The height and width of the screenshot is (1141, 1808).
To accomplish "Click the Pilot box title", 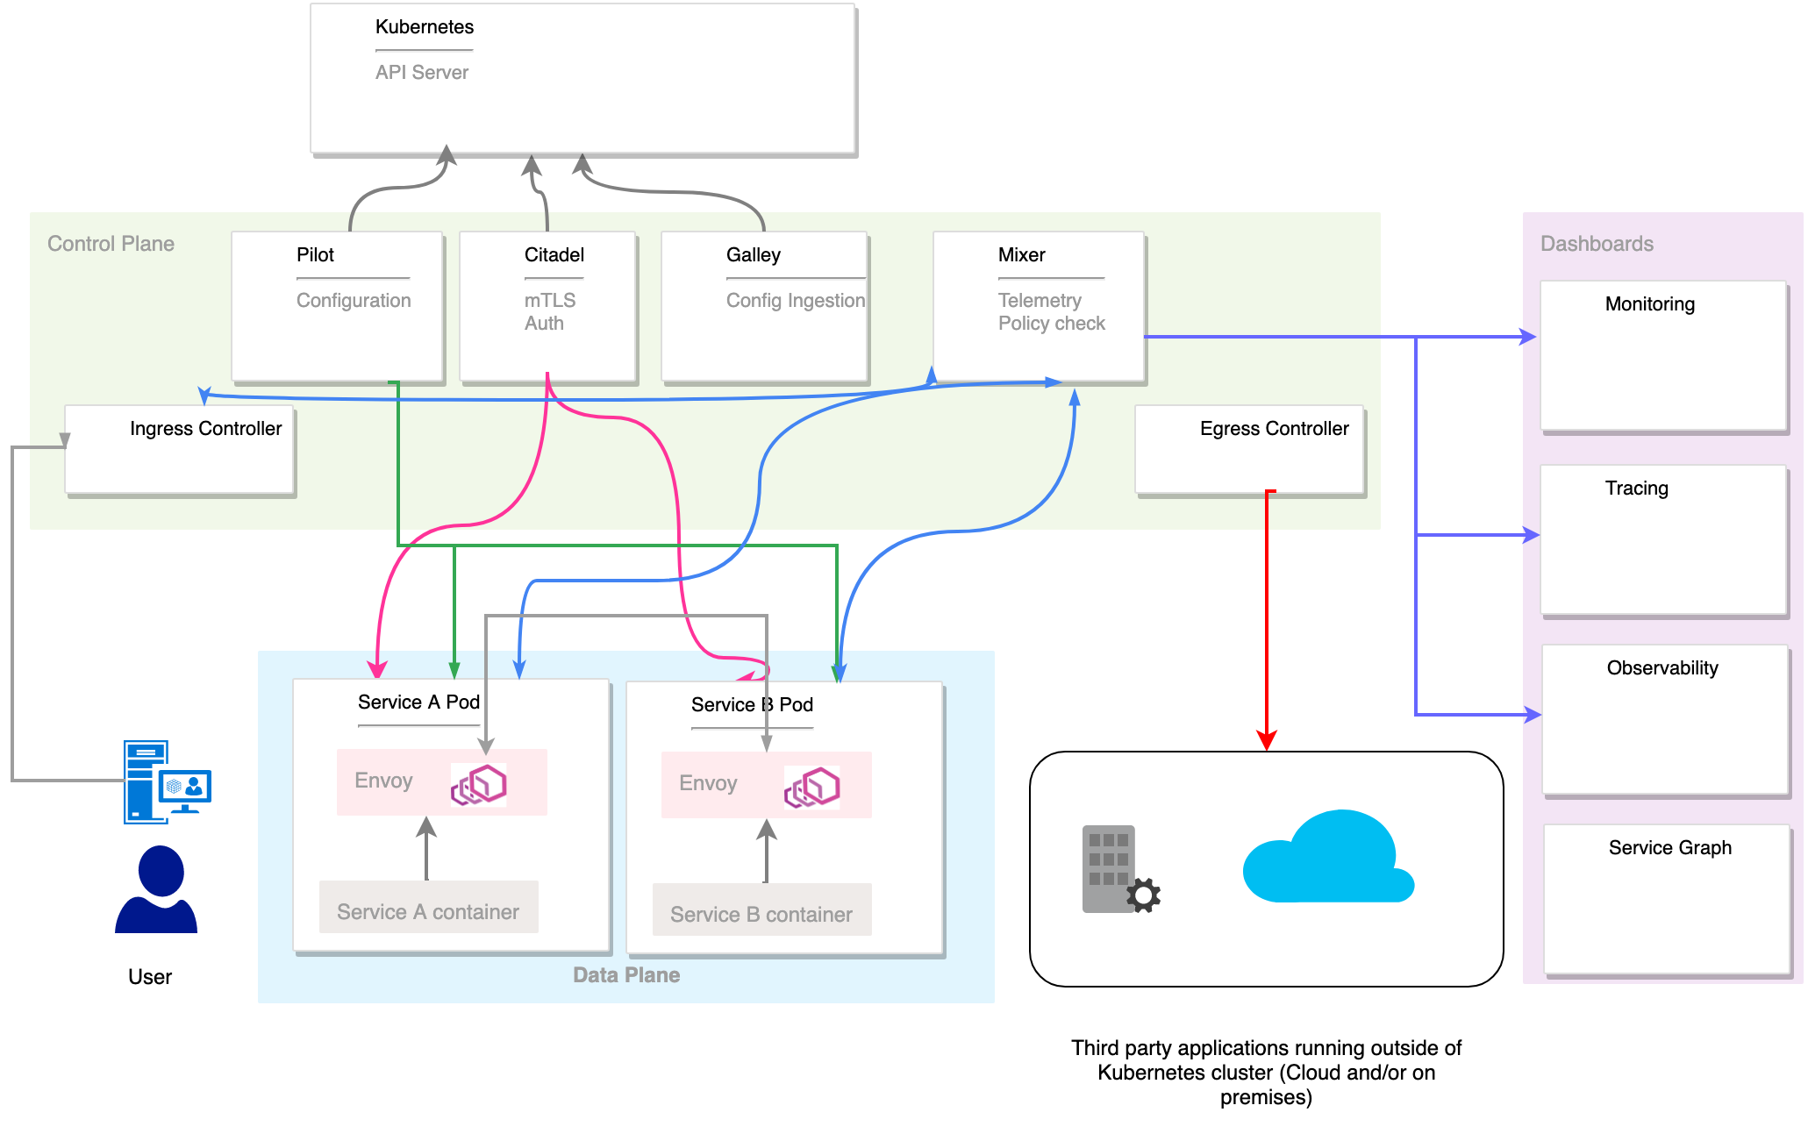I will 315,255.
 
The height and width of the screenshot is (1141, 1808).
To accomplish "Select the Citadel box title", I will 554,255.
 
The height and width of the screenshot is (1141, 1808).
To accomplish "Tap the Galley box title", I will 753,255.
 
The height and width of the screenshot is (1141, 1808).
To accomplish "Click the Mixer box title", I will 1021,255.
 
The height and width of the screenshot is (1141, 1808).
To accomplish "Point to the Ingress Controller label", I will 205,429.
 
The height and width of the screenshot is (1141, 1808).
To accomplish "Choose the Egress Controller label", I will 1274,429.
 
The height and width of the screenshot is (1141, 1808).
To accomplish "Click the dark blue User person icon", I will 156,889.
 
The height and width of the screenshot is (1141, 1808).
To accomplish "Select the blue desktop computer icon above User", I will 167,781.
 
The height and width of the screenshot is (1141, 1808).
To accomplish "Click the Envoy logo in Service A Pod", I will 479,784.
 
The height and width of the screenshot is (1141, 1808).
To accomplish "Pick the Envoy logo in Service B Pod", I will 812,787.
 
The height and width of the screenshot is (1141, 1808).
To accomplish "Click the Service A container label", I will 428,912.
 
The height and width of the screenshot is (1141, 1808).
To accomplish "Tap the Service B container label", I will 761,915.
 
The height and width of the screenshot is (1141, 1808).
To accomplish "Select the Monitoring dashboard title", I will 1649,304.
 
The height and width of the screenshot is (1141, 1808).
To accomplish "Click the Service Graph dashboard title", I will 1669,848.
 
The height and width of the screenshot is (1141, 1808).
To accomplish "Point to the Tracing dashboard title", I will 1636,488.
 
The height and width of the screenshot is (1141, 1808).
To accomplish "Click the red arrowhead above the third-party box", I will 1266,739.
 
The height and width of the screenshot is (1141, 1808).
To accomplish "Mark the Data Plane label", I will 626,975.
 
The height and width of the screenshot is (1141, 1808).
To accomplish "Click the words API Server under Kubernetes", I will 422,73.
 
